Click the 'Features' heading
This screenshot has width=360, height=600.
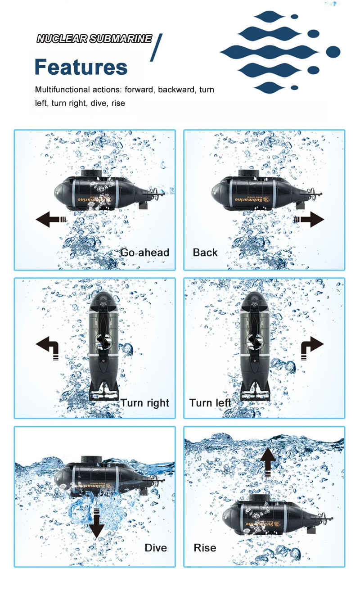tap(81, 68)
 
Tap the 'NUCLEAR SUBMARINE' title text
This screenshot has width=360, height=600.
tap(94, 39)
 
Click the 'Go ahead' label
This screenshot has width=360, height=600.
tap(144, 253)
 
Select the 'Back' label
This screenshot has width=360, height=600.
tap(205, 253)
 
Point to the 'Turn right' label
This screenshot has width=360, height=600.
tap(144, 403)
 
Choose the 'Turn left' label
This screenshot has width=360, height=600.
tap(210, 402)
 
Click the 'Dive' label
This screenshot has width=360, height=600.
tap(156, 548)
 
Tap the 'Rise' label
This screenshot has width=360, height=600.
tap(205, 548)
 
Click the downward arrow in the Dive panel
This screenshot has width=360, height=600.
tap(96, 523)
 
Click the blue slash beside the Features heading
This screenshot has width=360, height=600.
tap(155, 47)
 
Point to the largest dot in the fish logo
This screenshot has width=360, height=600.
tap(333, 52)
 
